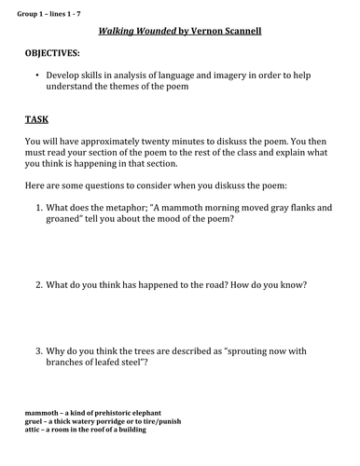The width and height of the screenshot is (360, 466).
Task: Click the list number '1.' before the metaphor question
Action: coord(39,209)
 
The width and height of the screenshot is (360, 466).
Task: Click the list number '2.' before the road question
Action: coord(39,283)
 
